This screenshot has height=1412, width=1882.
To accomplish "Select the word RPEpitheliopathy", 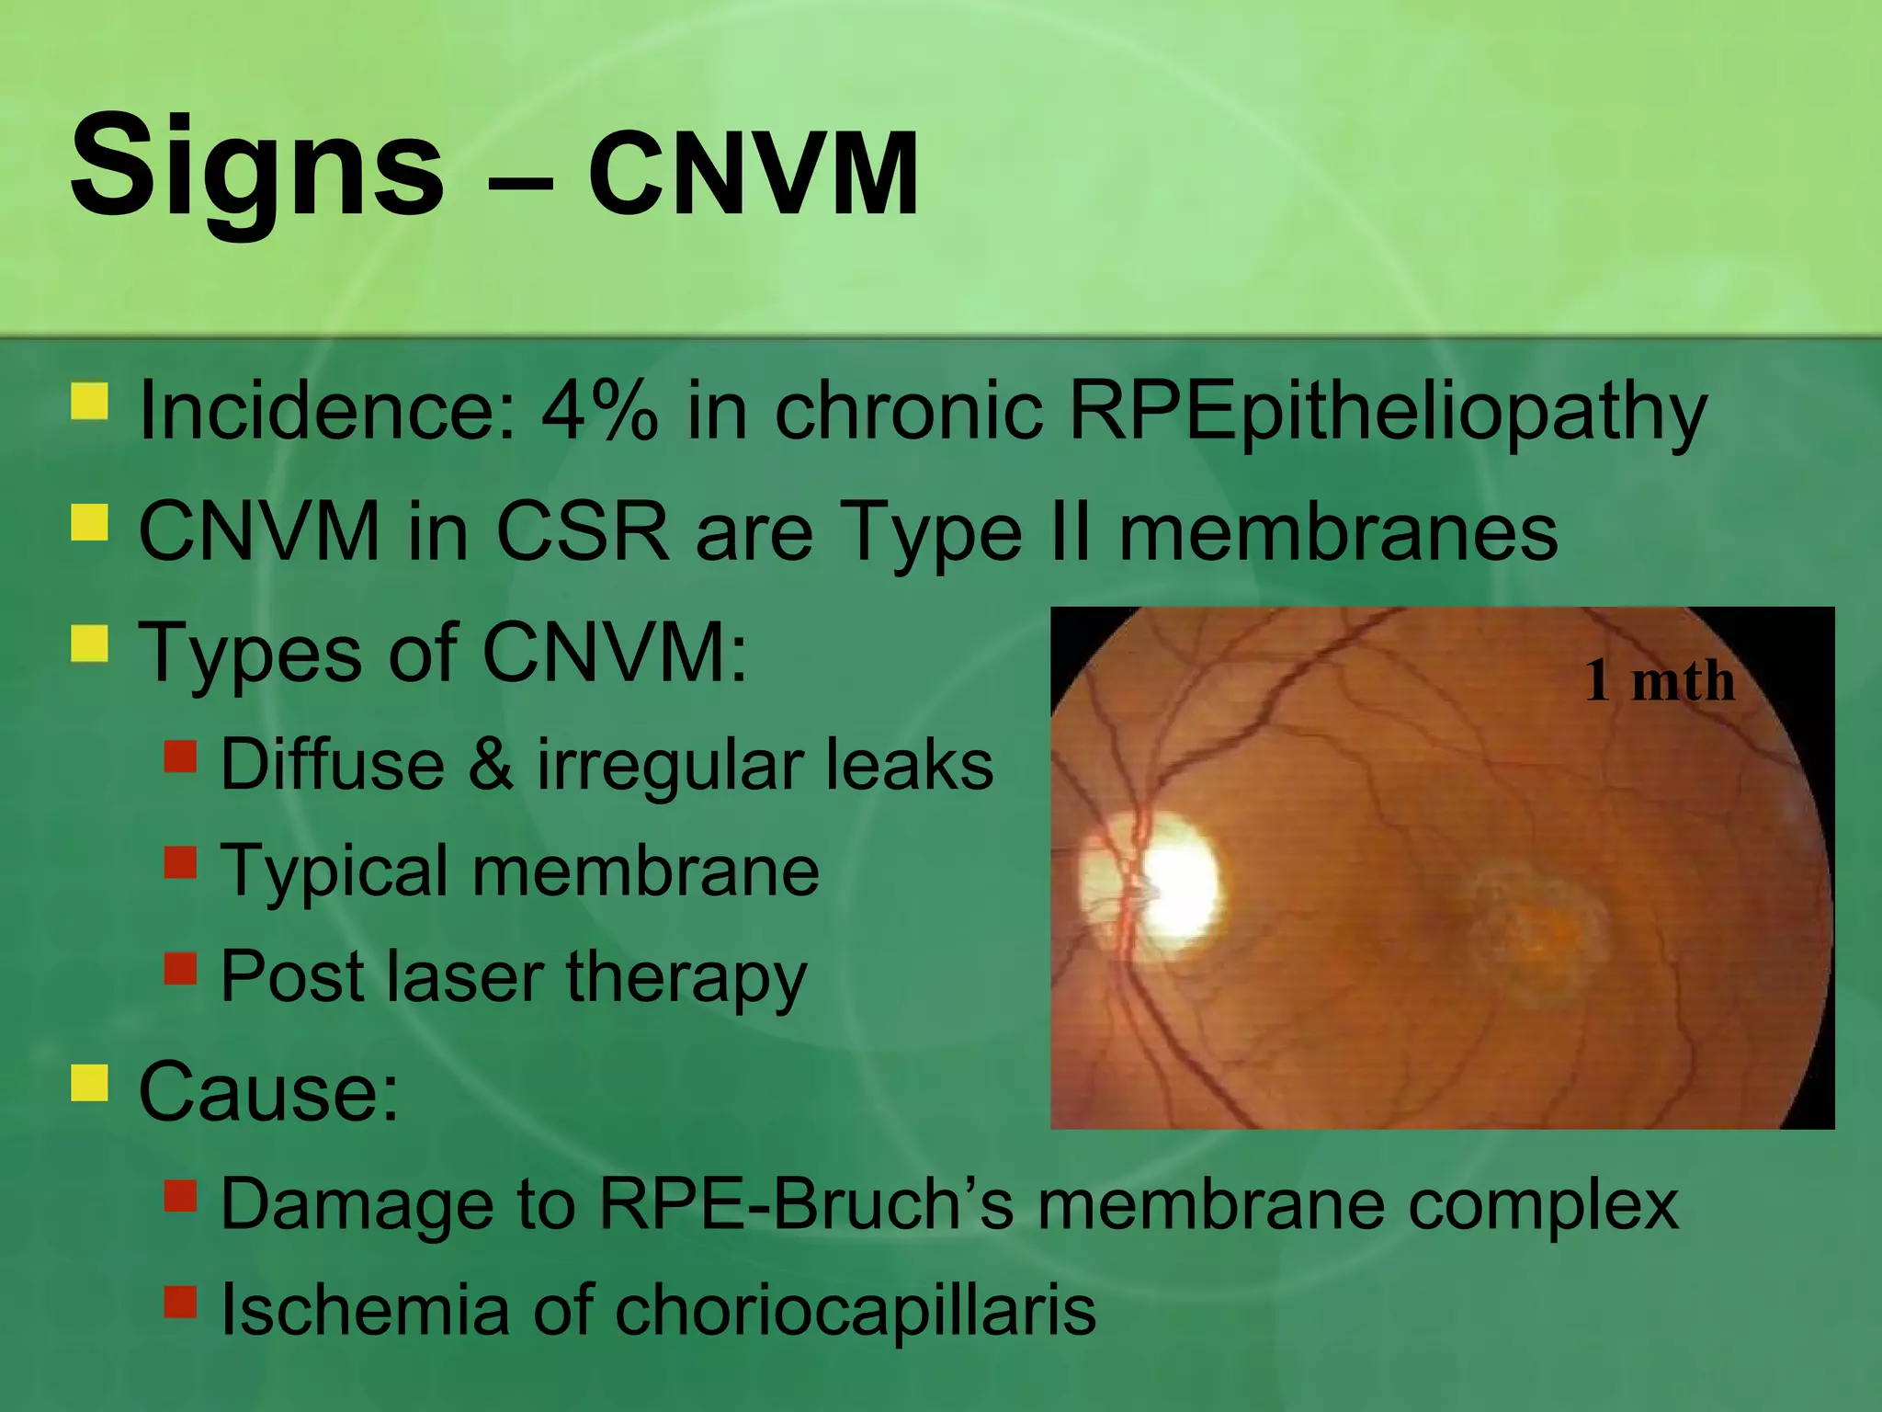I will pyautogui.click(x=1388, y=412).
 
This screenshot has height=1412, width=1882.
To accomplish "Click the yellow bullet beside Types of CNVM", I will pyautogui.click(x=90, y=643).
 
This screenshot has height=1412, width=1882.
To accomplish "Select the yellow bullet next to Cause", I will pyautogui.click(x=90, y=1082).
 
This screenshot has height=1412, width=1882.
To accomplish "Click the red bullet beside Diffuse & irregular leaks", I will pyautogui.click(x=181, y=756).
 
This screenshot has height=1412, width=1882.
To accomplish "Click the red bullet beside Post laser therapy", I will pyautogui.click(x=181, y=968).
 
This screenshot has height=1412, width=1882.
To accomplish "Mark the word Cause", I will pyautogui.click(x=268, y=1092).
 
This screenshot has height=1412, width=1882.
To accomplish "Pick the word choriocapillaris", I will pyautogui.click(x=855, y=1311).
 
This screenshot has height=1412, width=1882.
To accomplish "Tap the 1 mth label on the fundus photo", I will pyautogui.click(x=1660, y=682).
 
